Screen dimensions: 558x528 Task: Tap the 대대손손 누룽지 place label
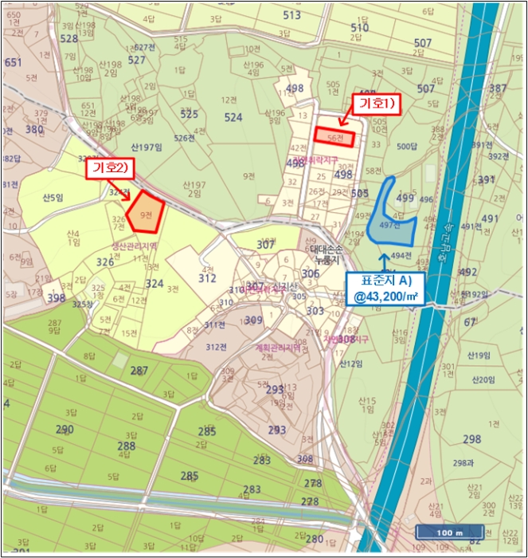[x=327, y=255]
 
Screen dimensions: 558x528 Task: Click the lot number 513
[x=291, y=15]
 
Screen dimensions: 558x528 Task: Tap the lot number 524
[x=233, y=117]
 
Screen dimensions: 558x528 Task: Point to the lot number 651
[x=13, y=62]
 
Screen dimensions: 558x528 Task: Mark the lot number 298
[x=471, y=439]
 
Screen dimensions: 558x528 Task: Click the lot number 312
[x=207, y=278]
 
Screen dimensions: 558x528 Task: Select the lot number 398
[x=56, y=298]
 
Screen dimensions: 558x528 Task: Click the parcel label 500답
[x=407, y=146]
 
